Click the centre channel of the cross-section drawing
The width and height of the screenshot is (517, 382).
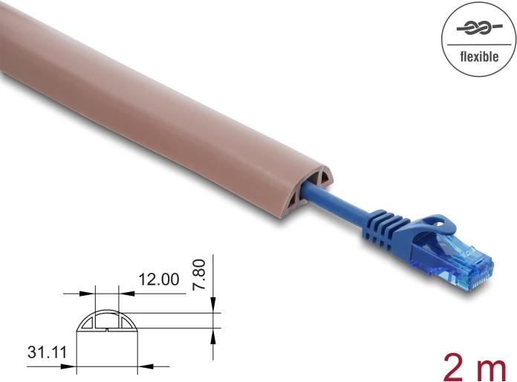coord(106,324)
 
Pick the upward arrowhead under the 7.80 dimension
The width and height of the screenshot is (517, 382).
coord(213,337)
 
